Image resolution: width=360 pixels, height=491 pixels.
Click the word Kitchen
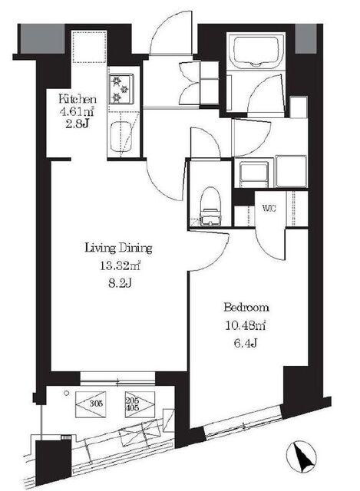[x=78, y=100]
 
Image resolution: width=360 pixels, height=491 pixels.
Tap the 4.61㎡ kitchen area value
[x=77, y=111]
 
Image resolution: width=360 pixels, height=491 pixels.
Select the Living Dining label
[x=119, y=249]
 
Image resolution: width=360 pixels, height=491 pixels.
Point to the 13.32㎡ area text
[x=120, y=266]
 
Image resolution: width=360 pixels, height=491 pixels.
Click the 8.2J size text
[x=119, y=284]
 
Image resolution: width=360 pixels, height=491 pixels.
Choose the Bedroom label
[x=246, y=308]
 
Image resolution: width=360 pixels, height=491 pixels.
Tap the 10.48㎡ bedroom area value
[x=246, y=325]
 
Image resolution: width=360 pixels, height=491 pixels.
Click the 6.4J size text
[x=246, y=344]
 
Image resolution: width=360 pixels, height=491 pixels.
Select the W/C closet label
[x=269, y=208]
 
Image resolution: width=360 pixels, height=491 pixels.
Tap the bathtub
[x=256, y=51]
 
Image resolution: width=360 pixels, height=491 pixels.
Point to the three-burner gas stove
[x=121, y=89]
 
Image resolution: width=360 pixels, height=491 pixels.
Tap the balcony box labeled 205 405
[x=140, y=404]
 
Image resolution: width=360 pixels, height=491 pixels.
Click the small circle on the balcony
[x=66, y=394]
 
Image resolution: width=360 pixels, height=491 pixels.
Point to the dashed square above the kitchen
[x=89, y=47]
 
